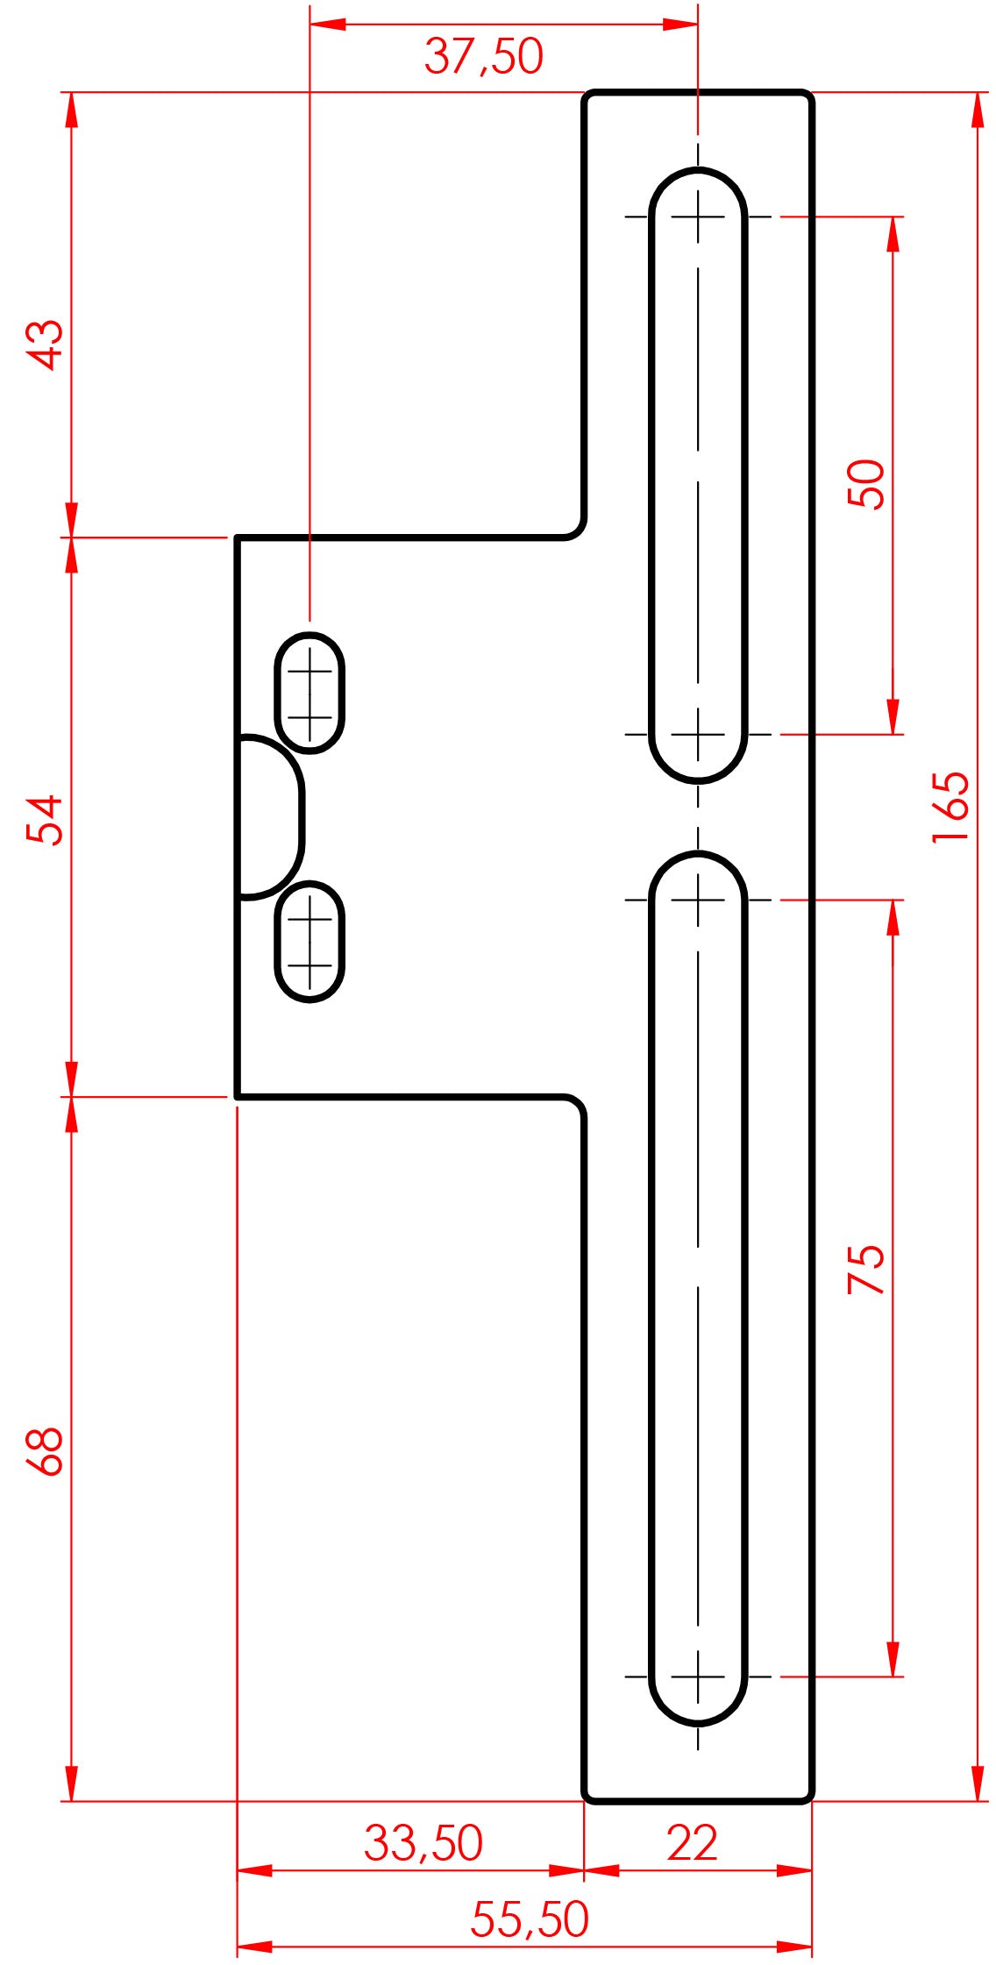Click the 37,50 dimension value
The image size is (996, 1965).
[483, 57]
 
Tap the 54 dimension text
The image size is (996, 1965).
[46, 819]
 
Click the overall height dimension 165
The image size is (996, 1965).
[950, 808]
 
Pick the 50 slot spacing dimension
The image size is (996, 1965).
[866, 483]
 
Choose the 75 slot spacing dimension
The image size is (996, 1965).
[866, 1269]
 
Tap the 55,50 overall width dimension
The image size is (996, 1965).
[529, 1919]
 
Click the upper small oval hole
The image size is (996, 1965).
[309, 693]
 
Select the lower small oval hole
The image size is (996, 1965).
[309, 942]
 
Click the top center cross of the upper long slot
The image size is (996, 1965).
[698, 216]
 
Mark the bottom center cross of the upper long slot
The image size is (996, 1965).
[698, 734]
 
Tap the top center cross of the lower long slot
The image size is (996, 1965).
[698, 900]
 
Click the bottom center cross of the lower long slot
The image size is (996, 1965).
[698, 1677]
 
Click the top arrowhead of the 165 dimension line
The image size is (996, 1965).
[978, 109]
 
